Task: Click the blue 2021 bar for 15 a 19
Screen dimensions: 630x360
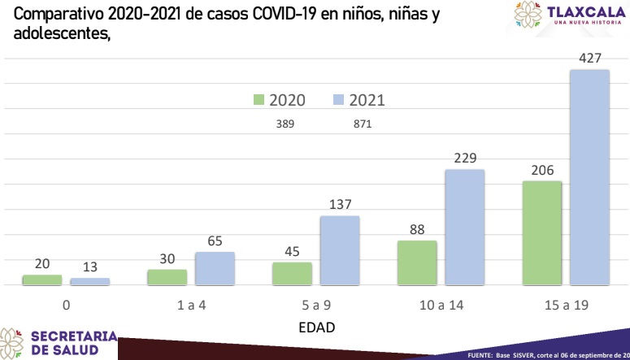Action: tap(589, 178)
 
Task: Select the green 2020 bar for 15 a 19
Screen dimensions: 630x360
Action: tap(542, 233)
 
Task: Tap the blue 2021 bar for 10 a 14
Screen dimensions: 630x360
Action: tap(464, 228)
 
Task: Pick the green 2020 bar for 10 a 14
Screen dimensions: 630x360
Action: tap(417, 262)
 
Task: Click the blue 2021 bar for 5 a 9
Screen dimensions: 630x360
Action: tap(340, 251)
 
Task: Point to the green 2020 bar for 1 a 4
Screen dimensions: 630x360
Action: tap(167, 277)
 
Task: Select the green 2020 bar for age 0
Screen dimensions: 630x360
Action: tap(42, 280)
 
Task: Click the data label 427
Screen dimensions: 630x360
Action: tap(590, 59)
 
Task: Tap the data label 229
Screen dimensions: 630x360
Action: tap(465, 158)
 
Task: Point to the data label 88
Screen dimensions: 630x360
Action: tap(417, 229)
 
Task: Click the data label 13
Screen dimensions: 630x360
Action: tap(90, 267)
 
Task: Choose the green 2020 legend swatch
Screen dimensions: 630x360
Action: tap(259, 100)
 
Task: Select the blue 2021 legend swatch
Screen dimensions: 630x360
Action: tap(339, 100)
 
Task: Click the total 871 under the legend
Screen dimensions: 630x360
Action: tap(363, 124)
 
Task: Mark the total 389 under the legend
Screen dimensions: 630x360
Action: tap(285, 124)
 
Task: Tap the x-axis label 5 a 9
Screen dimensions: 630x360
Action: tap(316, 306)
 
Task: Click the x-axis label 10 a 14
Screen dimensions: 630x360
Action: tap(441, 306)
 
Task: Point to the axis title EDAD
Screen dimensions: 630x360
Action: tap(316, 327)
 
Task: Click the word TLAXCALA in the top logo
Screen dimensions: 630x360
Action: tap(587, 11)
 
